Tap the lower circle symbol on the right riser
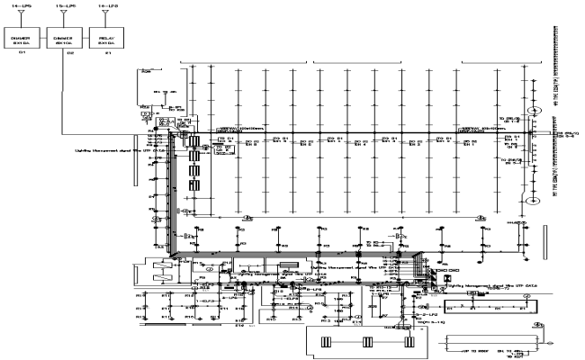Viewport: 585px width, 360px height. [x=533, y=201]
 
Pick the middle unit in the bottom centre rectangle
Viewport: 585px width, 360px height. [x=367, y=342]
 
